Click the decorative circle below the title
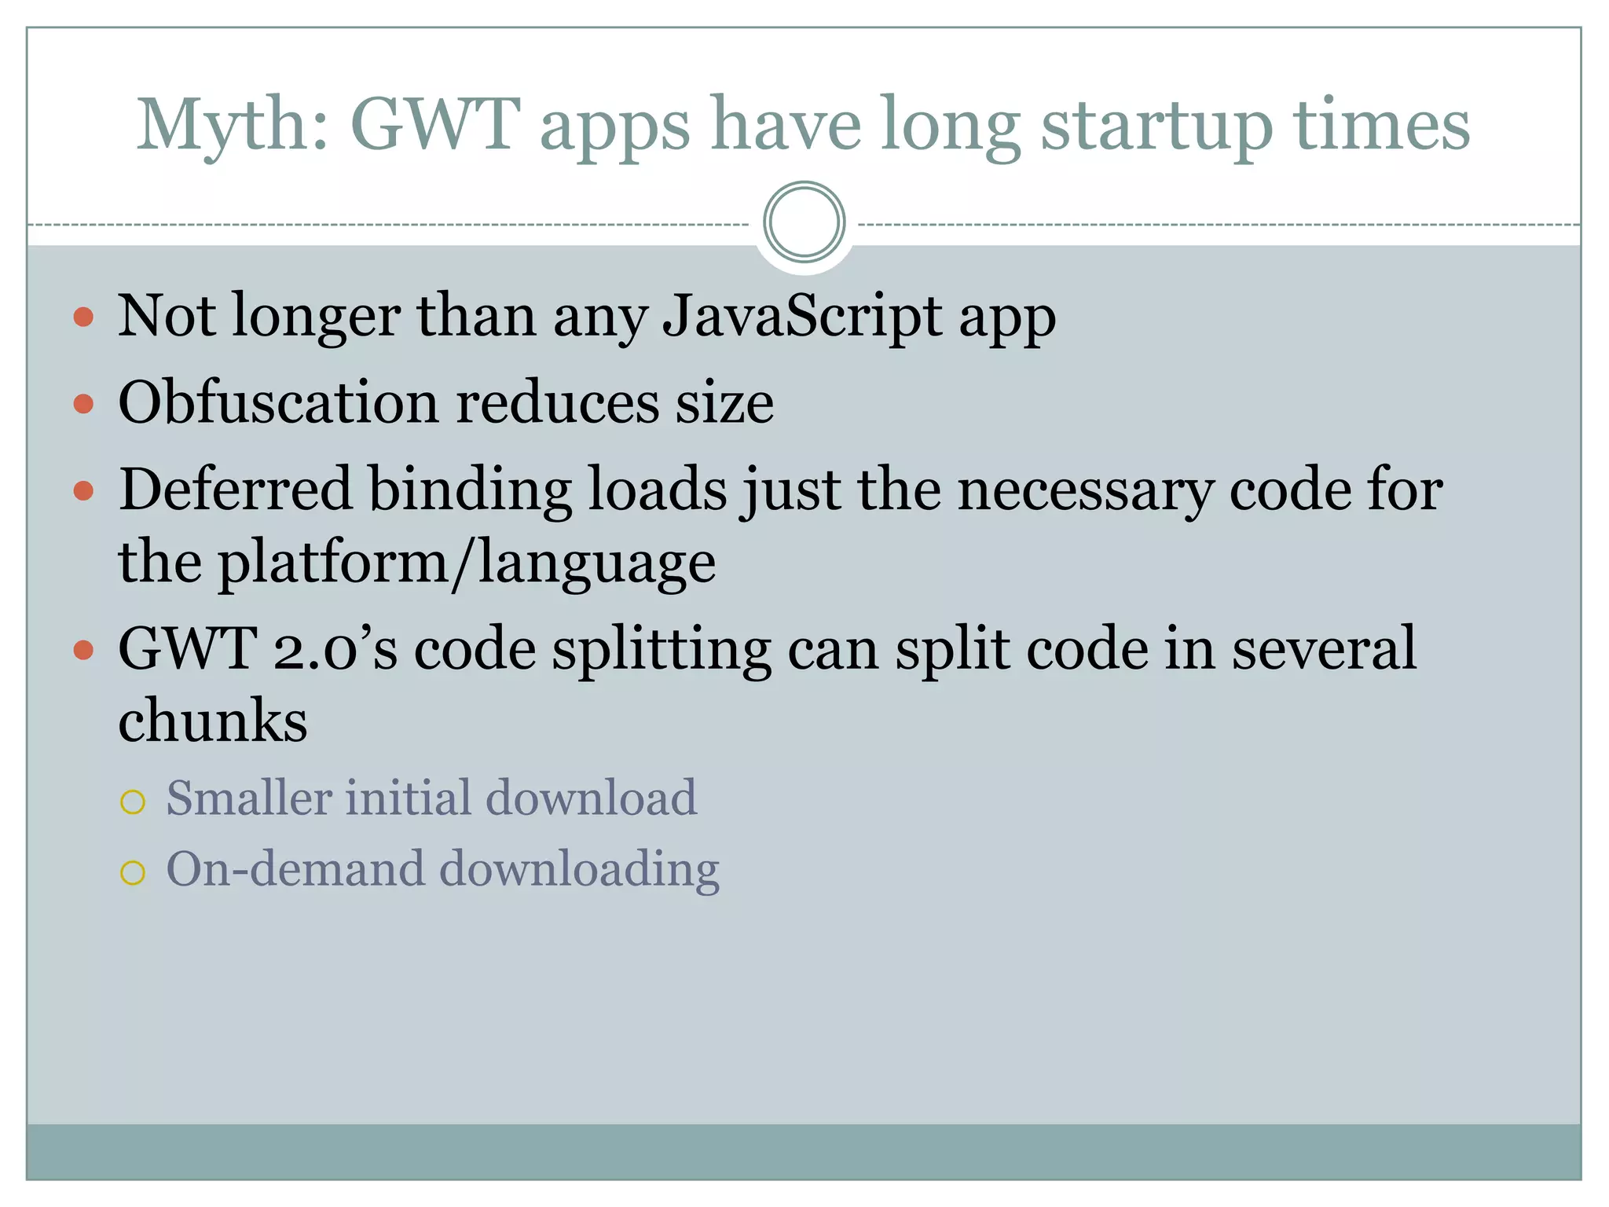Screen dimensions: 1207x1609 pyautogui.click(x=804, y=222)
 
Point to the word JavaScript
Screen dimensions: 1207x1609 pyautogui.click(x=802, y=316)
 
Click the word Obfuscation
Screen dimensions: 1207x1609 pyautogui.click(x=278, y=402)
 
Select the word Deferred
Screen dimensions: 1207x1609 pyautogui.click(x=234, y=489)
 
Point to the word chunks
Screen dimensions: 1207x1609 pyautogui.click(x=212, y=721)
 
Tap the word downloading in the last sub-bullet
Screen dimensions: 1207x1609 pyautogui.click(x=579, y=871)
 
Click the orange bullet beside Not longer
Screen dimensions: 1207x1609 pyautogui.click(x=83, y=317)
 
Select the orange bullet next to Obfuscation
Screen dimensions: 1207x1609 pyautogui.click(x=83, y=404)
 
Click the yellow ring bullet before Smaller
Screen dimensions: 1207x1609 pyautogui.click(x=133, y=802)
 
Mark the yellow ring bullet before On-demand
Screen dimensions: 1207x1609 pyautogui.click(x=133, y=872)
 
